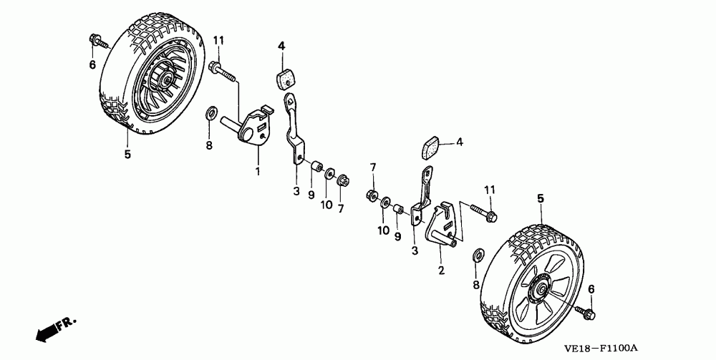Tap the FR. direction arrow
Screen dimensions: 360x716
[53, 329]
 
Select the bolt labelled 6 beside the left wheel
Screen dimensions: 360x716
[96, 42]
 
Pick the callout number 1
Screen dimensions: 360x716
[258, 171]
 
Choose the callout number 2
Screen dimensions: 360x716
[442, 271]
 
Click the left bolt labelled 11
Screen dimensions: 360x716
[223, 70]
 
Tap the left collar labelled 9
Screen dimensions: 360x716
[314, 168]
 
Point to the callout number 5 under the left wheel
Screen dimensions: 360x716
[127, 154]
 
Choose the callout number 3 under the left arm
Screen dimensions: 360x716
[295, 191]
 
